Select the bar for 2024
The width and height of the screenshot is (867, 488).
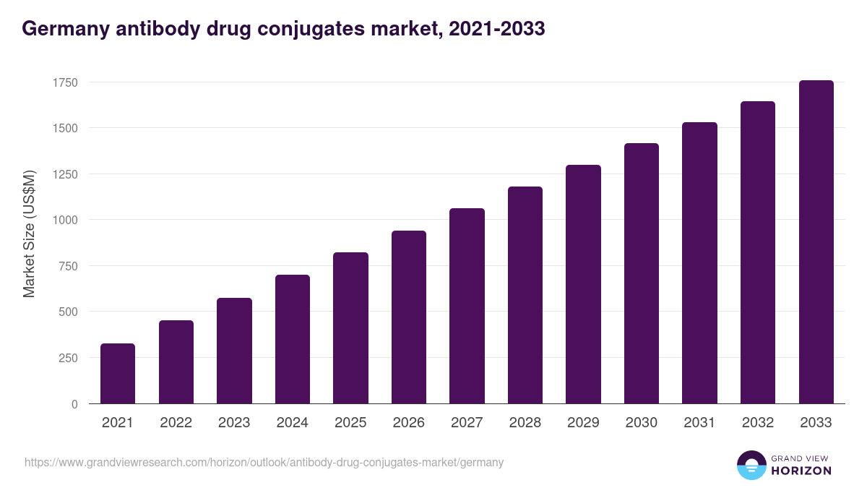pyautogui.click(x=292, y=339)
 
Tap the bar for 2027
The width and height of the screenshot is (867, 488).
pyautogui.click(x=467, y=306)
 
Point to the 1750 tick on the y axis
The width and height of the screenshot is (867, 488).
pyautogui.click(x=64, y=82)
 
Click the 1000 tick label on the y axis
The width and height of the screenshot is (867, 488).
pyautogui.click(x=64, y=220)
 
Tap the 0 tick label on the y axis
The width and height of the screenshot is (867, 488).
pyautogui.click(x=74, y=404)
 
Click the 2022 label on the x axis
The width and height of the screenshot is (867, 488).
pyautogui.click(x=176, y=423)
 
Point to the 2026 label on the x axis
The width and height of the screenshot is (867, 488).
pyautogui.click(x=408, y=423)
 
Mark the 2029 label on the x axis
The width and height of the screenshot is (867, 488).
pyautogui.click(x=583, y=423)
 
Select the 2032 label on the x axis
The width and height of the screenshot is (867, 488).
pyautogui.click(x=758, y=423)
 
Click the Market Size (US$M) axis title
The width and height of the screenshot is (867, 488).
pyautogui.click(x=30, y=233)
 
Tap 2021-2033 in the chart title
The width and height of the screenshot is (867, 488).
pyautogui.click(x=496, y=29)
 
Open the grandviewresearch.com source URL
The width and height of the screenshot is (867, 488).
pyautogui.click(x=264, y=462)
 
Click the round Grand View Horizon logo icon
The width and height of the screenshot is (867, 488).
pyautogui.click(x=751, y=465)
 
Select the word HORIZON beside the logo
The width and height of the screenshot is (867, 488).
pyautogui.click(x=801, y=471)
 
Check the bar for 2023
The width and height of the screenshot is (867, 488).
pyautogui.click(x=234, y=351)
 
